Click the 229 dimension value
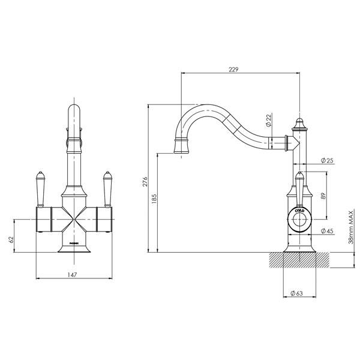(234, 70)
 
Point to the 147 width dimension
(73, 274)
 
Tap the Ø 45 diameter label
(328, 230)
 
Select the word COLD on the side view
(299, 211)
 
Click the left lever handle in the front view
(40, 187)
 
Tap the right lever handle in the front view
(108, 187)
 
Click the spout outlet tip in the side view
(181, 146)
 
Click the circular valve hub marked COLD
(298, 218)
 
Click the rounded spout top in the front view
(74, 111)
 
